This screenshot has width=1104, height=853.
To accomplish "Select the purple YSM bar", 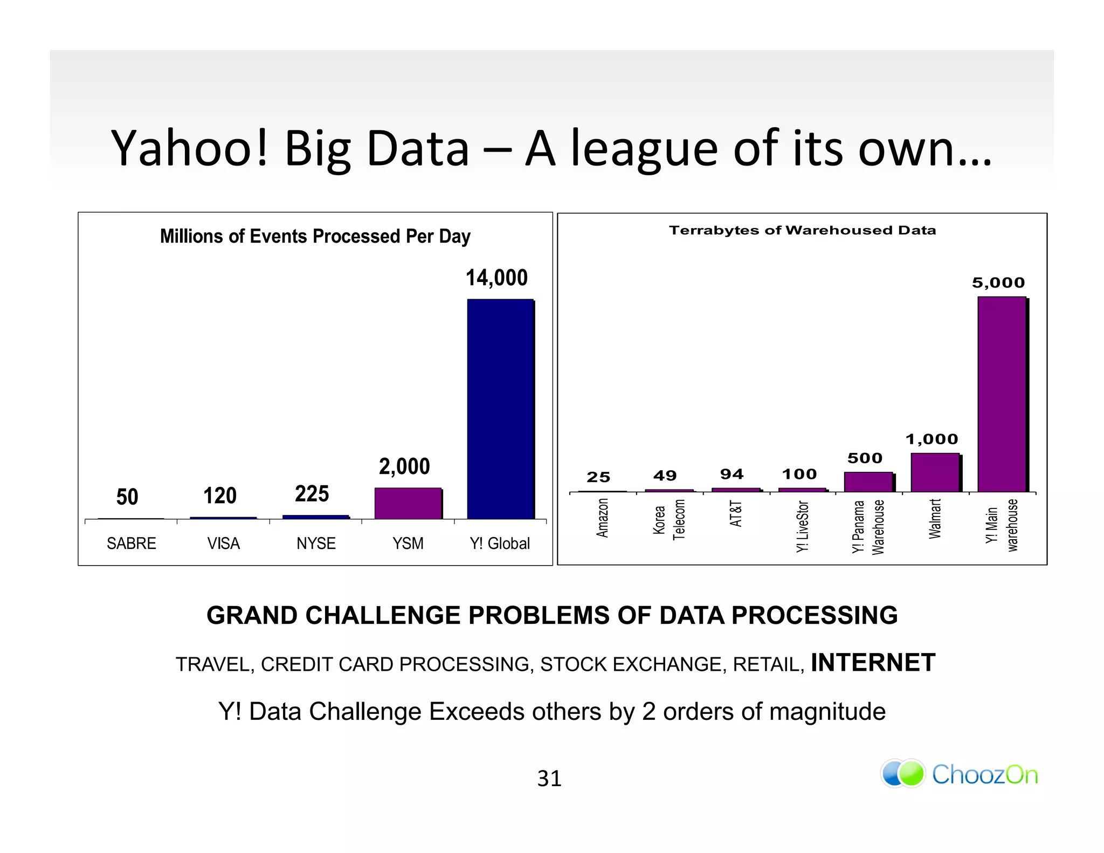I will pyautogui.click(x=408, y=503).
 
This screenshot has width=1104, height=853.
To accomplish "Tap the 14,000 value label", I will pyautogui.click(x=496, y=278).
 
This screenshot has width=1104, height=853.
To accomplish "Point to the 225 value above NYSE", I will pyautogui.click(x=312, y=494).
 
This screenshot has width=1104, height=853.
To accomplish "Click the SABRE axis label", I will pyautogui.click(x=131, y=543).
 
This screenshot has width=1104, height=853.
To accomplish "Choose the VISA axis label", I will pyautogui.click(x=223, y=543).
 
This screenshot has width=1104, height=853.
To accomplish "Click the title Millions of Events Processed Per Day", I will pyautogui.click(x=315, y=236).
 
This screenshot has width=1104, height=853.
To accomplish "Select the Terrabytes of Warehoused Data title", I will pyautogui.click(x=802, y=230).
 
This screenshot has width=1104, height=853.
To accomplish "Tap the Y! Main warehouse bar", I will pyautogui.click(x=1002, y=394).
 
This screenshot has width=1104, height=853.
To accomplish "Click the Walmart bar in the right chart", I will pyautogui.click(x=935, y=472).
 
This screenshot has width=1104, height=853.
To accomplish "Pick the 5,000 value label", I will pyautogui.click(x=998, y=283).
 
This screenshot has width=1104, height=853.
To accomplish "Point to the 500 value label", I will pyautogui.click(x=865, y=458).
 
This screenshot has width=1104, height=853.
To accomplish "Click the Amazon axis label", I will pyautogui.click(x=602, y=518).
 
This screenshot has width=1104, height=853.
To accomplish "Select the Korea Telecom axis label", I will pyautogui.click(x=668, y=519).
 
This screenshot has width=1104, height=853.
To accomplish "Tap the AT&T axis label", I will pyautogui.click(x=735, y=513).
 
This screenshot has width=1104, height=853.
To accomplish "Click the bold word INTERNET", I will pyautogui.click(x=873, y=663).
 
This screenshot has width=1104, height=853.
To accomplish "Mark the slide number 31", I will pyautogui.click(x=549, y=778).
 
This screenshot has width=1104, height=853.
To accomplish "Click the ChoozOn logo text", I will pyautogui.click(x=984, y=775).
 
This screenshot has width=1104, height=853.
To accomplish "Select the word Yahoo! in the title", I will pyautogui.click(x=189, y=148).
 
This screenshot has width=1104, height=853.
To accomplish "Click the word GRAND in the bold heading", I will pyautogui.click(x=252, y=616).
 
